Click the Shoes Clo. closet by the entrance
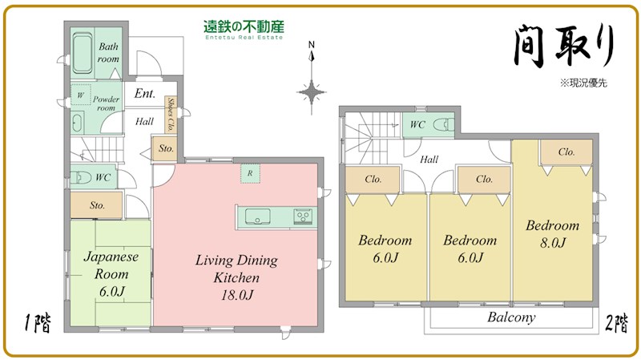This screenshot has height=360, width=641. click(x=171, y=115)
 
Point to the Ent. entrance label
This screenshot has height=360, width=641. click(x=145, y=94)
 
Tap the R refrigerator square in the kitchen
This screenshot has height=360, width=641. click(x=251, y=174)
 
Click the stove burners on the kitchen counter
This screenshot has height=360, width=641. click(x=304, y=216)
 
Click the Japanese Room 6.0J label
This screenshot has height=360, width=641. click(x=111, y=273)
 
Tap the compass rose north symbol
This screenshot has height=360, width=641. click(x=312, y=88)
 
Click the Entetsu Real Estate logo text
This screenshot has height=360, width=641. click(x=244, y=30)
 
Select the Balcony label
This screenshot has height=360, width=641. click(x=511, y=318)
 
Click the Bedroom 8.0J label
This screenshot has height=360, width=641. click(x=552, y=233)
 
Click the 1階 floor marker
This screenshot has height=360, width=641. click(x=36, y=324)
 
